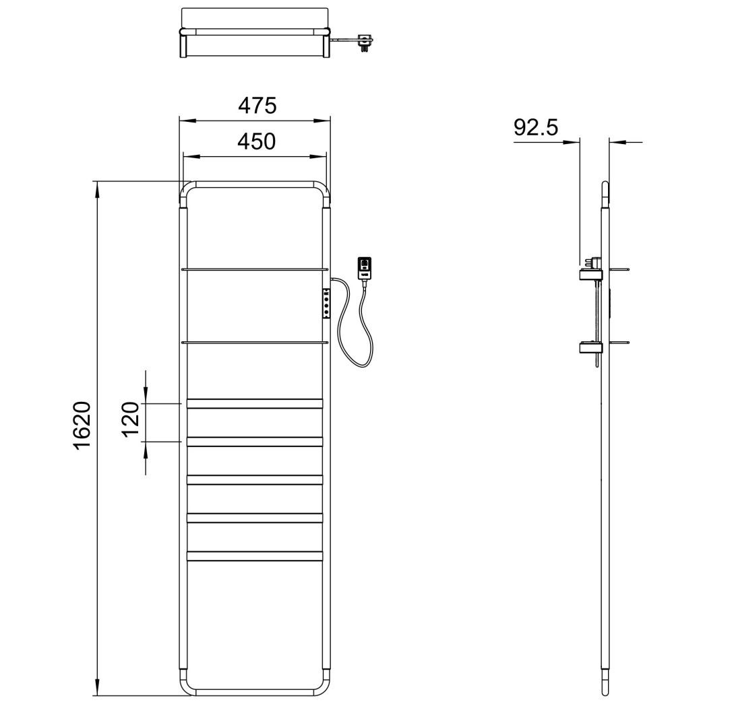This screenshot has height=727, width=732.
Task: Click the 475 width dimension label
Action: coord(257,106)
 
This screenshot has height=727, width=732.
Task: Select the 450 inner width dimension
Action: coord(257,141)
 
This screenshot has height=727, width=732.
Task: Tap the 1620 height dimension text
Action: coord(83,425)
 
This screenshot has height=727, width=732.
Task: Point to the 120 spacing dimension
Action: coord(132,418)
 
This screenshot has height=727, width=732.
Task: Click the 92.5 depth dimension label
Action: coord(536,127)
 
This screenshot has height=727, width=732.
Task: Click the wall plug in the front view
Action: coord(364,268)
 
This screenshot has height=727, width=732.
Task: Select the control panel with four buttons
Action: coord(326,303)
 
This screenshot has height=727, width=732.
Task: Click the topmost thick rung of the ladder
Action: coord(255,403)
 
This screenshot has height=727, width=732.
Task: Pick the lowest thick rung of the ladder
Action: coord(255,556)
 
